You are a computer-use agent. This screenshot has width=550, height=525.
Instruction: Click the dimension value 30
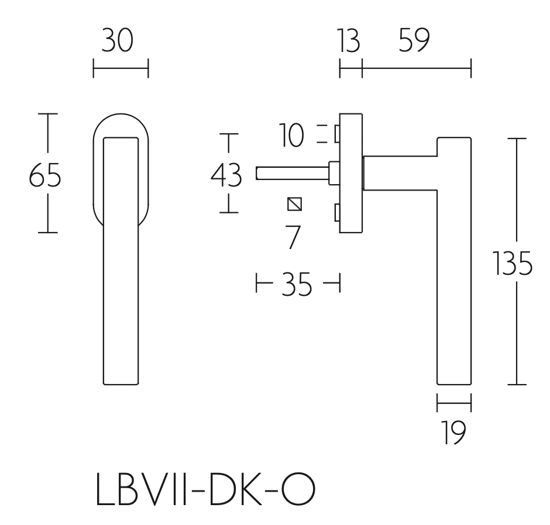pyautogui.click(x=117, y=42)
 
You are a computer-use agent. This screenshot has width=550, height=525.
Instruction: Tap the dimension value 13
pyautogui.click(x=348, y=42)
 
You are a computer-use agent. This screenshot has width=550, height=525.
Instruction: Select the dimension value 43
pyautogui.click(x=226, y=175)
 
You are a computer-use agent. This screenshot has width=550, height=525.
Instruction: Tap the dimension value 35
pyautogui.click(x=296, y=287)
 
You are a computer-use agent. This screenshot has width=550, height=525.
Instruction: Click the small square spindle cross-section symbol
pyautogui.click(x=295, y=204)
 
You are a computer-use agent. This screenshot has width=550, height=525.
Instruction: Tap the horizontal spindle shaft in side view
pyautogui.click(x=293, y=173)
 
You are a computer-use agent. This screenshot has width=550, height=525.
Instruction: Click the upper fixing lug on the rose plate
pyautogui.click(x=336, y=134)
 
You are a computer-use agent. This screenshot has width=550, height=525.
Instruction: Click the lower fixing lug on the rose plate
pyautogui.click(x=336, y=213)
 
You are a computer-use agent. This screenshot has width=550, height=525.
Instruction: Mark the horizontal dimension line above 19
pyautogui.click(x=454, y=402)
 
